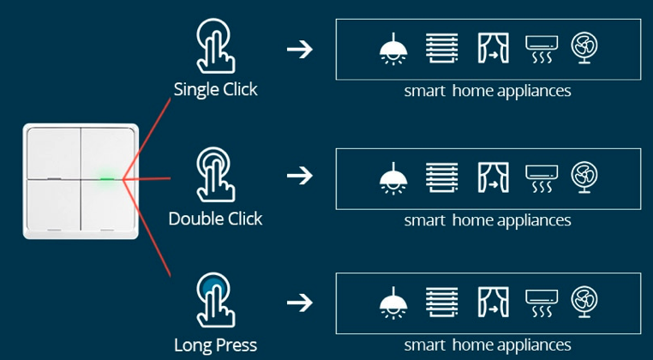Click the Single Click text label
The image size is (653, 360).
(x=215, y=89)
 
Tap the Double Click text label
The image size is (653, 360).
(x=215, y=219)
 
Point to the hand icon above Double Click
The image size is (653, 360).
(x=214, y=175)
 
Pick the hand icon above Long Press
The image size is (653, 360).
(x=214, y=302)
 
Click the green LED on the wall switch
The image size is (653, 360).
(x=107, y=180)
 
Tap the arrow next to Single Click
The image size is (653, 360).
(x=299, y=49)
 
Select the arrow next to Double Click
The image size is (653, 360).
(x=299, y=177)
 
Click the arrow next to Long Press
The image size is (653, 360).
(x=299, y=303)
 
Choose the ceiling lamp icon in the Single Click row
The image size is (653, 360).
(x=392, y=48)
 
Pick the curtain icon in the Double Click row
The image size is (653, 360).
(x=492, y=177)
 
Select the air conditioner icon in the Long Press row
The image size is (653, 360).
(x=540, y=303)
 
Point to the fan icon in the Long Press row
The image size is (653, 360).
(x=584, y=302)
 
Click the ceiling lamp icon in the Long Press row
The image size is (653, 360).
(x=392, y=303)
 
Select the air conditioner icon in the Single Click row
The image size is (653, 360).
(x=540, y=49)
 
